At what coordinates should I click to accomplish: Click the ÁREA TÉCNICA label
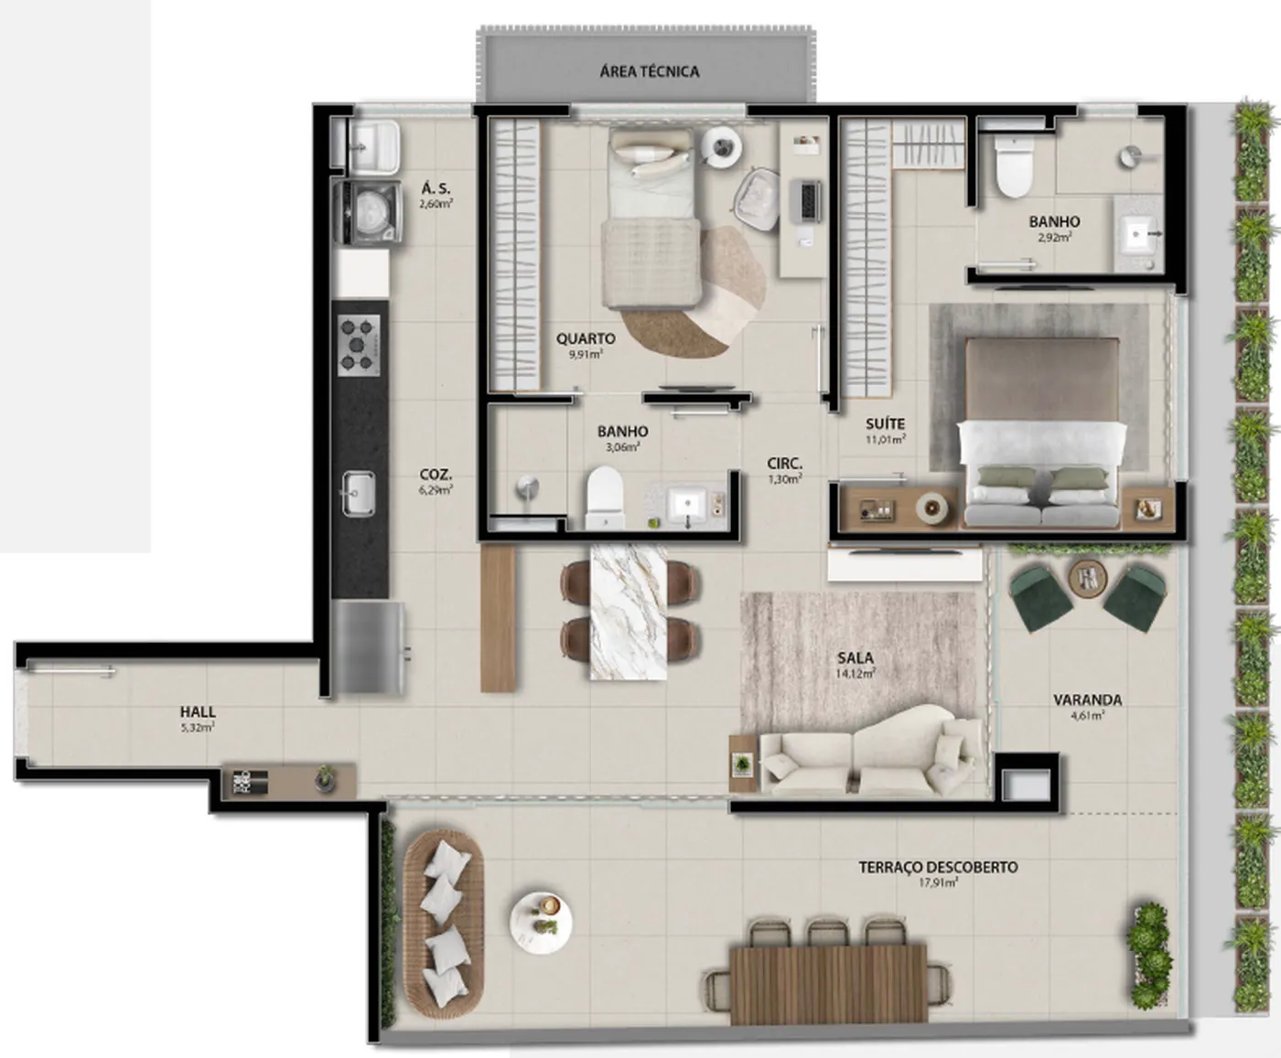pos(649,71)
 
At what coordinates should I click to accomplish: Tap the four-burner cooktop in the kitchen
pos(359,346)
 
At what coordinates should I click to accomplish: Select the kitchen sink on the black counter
pos(359,494)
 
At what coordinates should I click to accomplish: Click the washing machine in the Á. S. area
pos(368,211)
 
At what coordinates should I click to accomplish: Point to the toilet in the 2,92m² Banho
pos(1014,166)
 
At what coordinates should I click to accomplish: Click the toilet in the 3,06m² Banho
pos(605,498)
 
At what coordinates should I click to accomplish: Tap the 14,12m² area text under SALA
pos(856,673)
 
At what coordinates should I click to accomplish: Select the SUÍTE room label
pos(886,423)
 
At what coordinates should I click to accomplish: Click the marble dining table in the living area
pos(629,612)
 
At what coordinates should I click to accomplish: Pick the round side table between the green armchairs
pos(1088,577)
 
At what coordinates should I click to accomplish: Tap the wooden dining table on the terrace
pos(828,985)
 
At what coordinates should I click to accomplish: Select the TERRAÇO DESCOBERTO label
pos(938,867)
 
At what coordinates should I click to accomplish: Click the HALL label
pos(198,712)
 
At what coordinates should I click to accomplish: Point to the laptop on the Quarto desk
pos(805,201)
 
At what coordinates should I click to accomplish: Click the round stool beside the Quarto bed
pos(722,148)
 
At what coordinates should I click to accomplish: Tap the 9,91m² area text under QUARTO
pos(586,354)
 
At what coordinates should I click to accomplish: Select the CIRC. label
pos(785,464)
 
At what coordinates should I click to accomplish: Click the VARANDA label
pos(1088,700)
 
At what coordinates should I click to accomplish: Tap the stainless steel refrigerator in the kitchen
pos(368,647)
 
